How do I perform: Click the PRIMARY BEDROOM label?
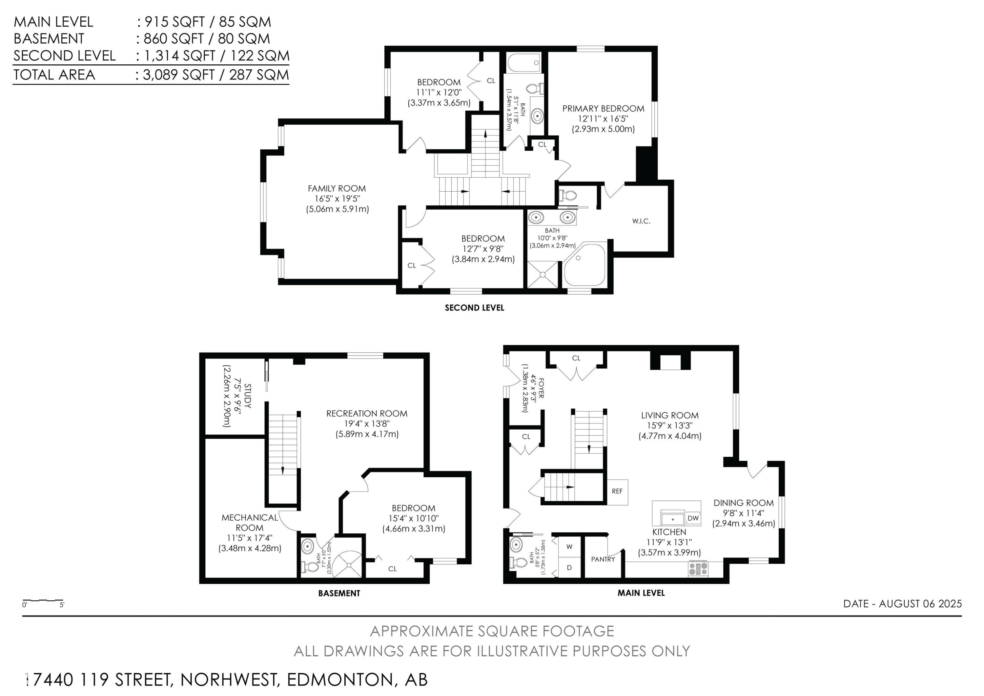[x=603, y=108]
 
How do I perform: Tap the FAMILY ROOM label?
[x=337, y=188]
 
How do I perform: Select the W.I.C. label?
[x=641, y=221]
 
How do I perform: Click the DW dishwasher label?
[x=693, y=518]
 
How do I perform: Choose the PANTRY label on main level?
[x=603, y=559]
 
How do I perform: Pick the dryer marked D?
[x=569, y=568]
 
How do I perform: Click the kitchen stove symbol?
[x=698, y=569]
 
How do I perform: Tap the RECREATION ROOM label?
[x=366, y=413]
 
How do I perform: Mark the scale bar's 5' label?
[x=62, y=605]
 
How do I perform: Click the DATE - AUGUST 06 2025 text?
[x=902, y=604]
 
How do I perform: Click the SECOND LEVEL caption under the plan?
[x=474, y=308]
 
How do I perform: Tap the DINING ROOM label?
[x=743, y=503]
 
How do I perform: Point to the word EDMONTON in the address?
[x=339, y=680]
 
